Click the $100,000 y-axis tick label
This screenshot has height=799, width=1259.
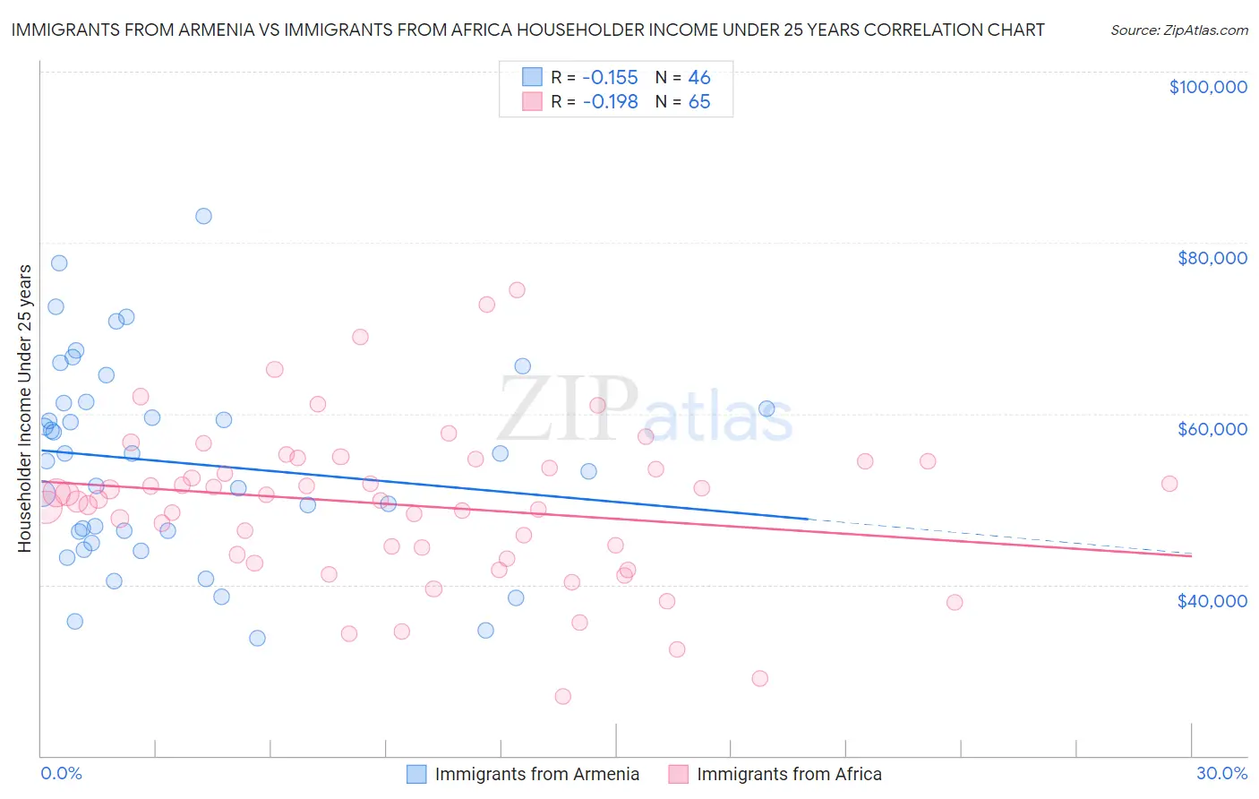coord(1208,87)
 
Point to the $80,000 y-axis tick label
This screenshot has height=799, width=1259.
coord(1212,258)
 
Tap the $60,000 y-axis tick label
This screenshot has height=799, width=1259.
coord(1212,429)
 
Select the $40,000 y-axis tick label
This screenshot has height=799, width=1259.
coord(1212,600)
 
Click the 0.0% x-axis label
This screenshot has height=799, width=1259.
coord(61,773)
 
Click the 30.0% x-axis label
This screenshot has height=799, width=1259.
coord(1221,773)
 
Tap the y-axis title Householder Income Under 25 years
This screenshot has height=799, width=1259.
coord(24,408)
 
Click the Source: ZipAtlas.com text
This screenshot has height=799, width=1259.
coord(1178,30)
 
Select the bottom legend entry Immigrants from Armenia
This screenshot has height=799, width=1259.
coord(536,774)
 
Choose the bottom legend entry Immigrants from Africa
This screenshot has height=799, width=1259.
coord(789,774)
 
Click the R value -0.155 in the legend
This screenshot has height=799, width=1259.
coord(610,77)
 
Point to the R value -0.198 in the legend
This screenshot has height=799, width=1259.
coord(610,101)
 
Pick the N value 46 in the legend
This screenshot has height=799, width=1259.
coord(698,77)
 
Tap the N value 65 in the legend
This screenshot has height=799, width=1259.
coord(698,101)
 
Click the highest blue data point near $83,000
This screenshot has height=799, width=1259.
coord(203,216)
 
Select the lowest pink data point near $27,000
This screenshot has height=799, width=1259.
coord(562,696)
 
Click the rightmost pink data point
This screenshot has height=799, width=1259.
coord(1169,484)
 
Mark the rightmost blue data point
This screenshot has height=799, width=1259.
coord(767,408)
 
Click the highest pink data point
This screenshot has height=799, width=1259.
coord(517,290)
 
